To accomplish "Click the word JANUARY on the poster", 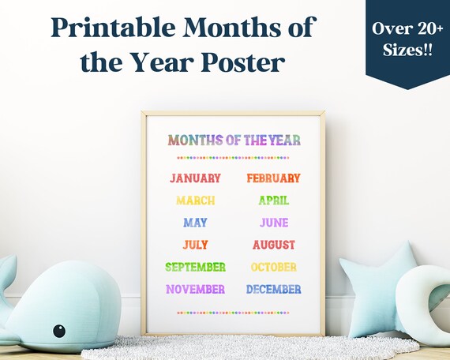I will (x=195, y=178).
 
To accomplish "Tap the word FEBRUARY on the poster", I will (x=273, y=178).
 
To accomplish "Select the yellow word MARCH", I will (x=195, y=201).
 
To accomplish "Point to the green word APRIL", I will (x=273, y=201).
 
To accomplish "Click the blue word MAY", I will (x=195, y=223).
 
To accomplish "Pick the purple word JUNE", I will (x=274, y=223).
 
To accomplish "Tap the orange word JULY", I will (x=195, y=245).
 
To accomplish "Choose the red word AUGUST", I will (x=273, y=245).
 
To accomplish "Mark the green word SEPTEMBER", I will (x=195, y=267).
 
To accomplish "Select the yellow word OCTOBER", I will (x=273, y=267).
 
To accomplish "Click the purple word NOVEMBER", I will (x=195, y=289).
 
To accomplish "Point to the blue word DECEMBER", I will (x=273, y=289).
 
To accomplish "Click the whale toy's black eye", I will (x=59, y=330).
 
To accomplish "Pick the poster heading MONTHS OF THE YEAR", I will (x=234, y=141).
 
